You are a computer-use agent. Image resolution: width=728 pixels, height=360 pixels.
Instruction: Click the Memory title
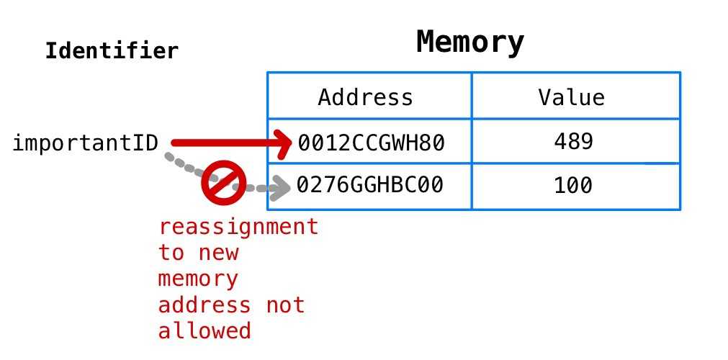470,42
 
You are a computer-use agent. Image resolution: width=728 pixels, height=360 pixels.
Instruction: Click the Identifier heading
112,52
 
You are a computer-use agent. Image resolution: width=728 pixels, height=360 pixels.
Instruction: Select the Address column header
366,97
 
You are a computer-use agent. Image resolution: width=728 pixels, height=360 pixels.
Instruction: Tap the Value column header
572,97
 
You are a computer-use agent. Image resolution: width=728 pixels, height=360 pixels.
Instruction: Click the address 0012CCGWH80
372,143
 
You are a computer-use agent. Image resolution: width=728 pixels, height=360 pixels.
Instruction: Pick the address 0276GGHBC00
370,186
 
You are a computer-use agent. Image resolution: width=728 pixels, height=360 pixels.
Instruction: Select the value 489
573,142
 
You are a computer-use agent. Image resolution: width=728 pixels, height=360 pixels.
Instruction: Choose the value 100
573,186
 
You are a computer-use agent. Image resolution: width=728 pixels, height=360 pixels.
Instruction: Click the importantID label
85,143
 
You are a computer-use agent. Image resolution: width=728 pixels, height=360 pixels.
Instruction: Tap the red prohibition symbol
224,183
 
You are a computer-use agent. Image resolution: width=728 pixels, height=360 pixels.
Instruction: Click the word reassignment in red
238,227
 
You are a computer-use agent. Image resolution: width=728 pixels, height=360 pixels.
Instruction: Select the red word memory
198,279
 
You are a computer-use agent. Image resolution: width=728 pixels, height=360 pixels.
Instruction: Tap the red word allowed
205,331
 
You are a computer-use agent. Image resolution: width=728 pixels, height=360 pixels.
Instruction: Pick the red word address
205,305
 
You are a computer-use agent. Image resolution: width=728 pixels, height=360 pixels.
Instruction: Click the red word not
285,305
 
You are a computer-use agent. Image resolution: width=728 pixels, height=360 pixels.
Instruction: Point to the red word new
218,253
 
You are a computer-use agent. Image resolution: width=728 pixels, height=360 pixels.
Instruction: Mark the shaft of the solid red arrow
223,144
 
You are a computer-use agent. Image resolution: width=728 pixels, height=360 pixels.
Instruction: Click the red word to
171,253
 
